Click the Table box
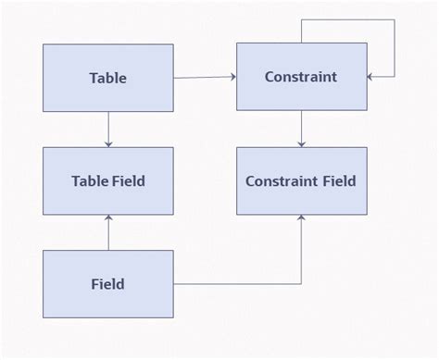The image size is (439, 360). coord(108,78)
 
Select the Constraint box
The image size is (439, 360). coord(300,78)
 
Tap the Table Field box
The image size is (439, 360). coord(108,180)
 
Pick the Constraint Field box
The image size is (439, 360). coord(300,180)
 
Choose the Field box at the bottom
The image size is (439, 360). coord(108,283)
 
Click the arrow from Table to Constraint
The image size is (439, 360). coord(205,78)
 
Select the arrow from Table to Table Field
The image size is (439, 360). coord(108,130)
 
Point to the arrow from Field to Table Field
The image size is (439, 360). coord(108,232)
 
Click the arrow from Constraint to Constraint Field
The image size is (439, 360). coord(301,130)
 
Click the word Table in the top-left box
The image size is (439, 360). coord(108,78)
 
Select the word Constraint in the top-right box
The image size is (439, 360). coord(300,78)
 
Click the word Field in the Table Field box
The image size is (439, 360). coord(129,180)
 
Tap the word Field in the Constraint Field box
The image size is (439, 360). coord(338,180)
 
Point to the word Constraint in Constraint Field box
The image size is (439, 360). coord(282,180)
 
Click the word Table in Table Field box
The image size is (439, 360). coord(89,180)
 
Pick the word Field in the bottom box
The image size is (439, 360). coord(108,283)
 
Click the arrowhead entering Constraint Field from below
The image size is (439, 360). coord(301,218)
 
